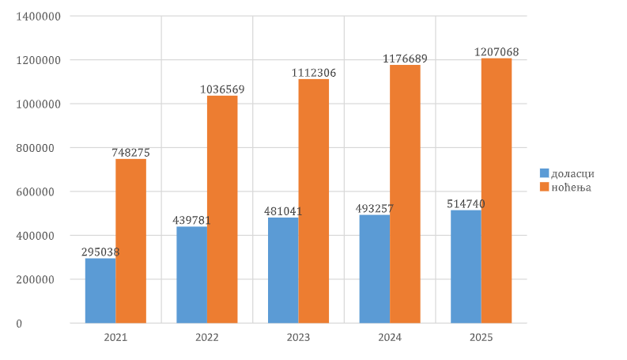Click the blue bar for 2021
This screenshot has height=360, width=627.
point(100,290)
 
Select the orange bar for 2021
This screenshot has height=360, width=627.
point(130,241)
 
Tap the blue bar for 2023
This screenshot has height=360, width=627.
point(283,270)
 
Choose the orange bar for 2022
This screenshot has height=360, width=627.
point(222,209)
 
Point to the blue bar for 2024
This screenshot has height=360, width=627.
point(374,268)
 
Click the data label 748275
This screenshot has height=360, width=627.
point(130,153)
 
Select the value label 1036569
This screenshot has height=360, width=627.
point(222,89)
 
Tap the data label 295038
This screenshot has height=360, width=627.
point(100,252)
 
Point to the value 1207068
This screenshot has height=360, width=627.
point(497,52)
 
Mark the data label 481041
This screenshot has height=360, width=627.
point(283,211)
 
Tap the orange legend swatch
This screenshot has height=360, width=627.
point(544,188)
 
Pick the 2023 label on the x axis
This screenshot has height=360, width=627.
point(298,337)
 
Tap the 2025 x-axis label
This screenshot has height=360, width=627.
point(481,337)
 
